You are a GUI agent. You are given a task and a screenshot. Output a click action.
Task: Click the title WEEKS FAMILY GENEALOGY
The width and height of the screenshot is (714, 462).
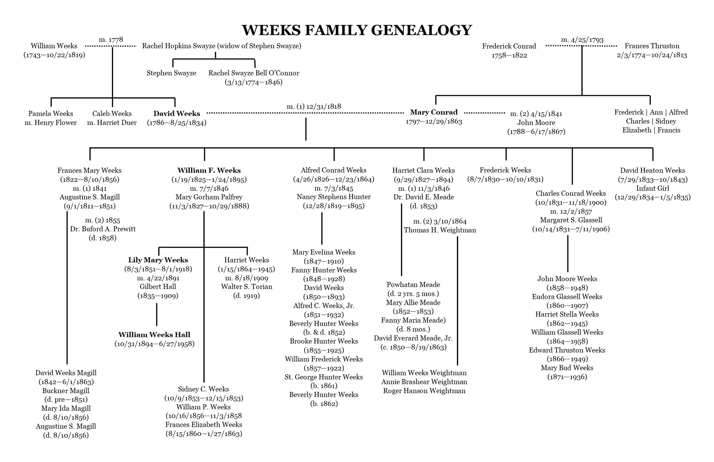tap(357, 30)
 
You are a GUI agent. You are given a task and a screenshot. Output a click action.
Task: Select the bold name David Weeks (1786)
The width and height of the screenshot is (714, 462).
tap(177, 114)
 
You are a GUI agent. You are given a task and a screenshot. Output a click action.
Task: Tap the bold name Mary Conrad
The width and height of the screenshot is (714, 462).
tap(434, 112)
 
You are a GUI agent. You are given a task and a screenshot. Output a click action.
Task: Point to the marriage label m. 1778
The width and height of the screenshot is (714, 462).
tap(111, 40)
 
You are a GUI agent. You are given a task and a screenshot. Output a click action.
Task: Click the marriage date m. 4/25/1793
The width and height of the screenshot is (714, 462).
tap(582, 40)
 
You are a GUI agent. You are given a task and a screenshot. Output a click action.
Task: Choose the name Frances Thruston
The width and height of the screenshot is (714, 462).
tap(652, 46)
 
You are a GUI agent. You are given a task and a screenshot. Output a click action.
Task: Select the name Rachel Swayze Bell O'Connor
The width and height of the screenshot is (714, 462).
tap(254, 73)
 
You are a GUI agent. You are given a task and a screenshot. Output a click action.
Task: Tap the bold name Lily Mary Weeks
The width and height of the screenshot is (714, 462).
tap(158, 260)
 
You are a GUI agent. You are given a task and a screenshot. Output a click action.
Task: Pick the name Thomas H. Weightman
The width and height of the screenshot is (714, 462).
tap(440, 230)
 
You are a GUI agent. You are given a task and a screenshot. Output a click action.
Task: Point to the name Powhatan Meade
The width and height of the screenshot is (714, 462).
tap(413, 285)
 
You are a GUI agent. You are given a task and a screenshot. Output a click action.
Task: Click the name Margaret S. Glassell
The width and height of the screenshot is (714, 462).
tap(571, 220)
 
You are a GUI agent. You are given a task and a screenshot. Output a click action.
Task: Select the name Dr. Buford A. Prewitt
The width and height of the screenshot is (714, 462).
tap(103, 229)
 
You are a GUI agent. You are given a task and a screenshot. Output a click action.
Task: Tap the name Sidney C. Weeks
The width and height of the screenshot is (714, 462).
tap(203, 389)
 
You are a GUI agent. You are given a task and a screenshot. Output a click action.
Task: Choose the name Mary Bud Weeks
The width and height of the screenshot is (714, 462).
tap(567, 368)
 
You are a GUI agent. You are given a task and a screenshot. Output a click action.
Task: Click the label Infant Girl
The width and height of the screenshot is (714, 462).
tap(652, 188)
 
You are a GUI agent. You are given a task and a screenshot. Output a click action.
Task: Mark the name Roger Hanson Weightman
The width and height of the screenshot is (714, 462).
tap(424, 391)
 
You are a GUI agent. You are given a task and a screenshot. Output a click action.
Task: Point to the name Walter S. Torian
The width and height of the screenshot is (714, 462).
tap(246, 287)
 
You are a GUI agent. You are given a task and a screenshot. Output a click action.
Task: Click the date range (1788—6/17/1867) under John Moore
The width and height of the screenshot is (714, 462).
tap(536, 132)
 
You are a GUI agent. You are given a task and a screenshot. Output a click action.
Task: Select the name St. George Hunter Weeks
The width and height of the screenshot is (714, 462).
tap(323, 377)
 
